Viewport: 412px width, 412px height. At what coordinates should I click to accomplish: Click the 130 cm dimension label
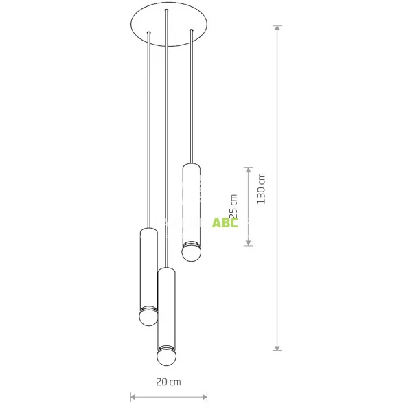coord(262,188)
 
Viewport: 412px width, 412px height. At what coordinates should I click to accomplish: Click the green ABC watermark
coord(225,222)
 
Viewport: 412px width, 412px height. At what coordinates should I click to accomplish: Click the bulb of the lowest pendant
coord(166,358)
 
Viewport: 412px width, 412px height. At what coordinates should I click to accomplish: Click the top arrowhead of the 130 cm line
coord(277,28)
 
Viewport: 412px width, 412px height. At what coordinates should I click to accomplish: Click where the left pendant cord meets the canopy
coord(148,34)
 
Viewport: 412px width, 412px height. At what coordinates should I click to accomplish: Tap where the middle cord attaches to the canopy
coord(166,11)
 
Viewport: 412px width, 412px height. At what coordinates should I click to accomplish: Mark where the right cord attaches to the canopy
coord(192,30)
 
